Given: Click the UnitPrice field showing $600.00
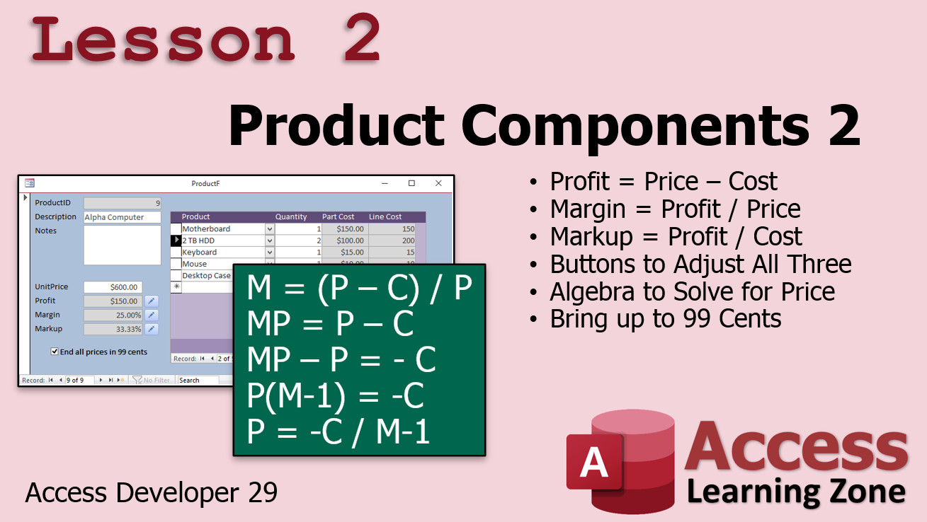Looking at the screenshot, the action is click(113, 287).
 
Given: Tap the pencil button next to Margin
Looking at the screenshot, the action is click(152, 315).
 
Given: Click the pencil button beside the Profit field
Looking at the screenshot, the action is click(152, 301).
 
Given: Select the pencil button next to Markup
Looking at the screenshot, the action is click(152, 329).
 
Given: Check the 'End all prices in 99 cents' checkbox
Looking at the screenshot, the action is click(55, 352).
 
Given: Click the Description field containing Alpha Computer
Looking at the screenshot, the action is click(122, 217).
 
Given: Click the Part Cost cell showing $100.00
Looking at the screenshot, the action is click(345, 240).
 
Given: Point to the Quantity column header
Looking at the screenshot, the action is click(291, 216).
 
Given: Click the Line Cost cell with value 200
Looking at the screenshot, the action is click(392, 240).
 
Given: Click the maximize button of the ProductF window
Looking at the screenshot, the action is click(411, 183).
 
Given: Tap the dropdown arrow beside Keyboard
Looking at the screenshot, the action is click(269, 252).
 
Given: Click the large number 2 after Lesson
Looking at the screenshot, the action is click(362, 38).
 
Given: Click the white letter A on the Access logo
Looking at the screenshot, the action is click(594, 462).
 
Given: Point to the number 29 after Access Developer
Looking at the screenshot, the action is click(263, 492).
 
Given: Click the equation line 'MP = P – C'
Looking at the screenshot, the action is click(330, 323).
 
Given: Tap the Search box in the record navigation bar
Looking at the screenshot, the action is click(198, 381).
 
